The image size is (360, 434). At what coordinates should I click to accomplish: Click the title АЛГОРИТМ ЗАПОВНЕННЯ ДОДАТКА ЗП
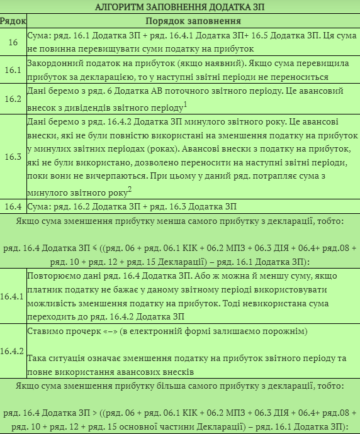(180, 7)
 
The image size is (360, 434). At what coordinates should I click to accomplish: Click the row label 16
(13, 42)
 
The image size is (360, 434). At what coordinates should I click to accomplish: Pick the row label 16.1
(13, 70)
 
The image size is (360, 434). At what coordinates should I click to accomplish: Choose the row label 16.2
(13, 99)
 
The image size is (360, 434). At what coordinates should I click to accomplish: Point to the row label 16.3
(13, 157)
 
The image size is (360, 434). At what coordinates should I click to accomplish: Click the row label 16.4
(13, 206)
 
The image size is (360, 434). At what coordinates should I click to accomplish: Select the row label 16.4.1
(13, 296)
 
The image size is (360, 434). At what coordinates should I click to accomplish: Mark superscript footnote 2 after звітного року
(129, 189)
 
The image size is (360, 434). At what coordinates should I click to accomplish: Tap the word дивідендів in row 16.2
(90, 107)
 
